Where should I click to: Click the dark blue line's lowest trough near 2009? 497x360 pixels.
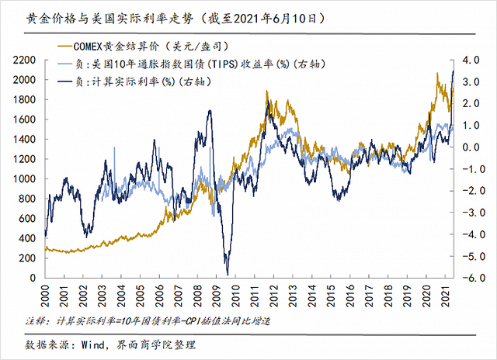pyautogui.click(x=228, y=274)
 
